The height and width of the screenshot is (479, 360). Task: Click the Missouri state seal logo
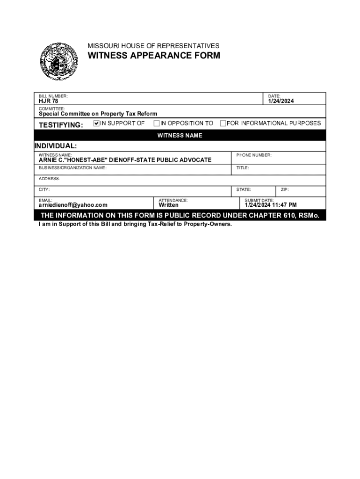pos(58,62)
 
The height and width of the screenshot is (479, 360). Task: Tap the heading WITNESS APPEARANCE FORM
pos(154,56)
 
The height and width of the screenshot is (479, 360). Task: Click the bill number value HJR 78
pos(48,102)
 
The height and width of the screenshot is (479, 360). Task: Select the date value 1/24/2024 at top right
pos(281,102)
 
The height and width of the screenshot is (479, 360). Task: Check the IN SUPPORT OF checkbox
pos(97,123)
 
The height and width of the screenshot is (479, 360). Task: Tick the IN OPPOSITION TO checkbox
pos(157,123)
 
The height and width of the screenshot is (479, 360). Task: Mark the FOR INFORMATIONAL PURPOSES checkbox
pos(223,123)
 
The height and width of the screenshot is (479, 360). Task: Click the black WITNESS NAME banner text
pos(180,136)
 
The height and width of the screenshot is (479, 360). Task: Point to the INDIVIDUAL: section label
pos(56,146)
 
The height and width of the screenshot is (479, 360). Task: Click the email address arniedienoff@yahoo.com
pos(73,205)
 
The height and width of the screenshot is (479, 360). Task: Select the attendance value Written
pos(168,205)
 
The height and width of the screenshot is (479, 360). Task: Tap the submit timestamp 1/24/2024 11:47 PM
pos(271,205)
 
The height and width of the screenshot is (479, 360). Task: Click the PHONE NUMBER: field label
pos(254,155)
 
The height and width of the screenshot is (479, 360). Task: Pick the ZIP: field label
pos(285,190)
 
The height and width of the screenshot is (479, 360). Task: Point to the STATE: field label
pos(244,190)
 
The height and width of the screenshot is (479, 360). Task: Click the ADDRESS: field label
pos(49,179)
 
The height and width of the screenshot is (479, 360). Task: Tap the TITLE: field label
pos(243,167)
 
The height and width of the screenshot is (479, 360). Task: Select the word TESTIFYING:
pos(61,125)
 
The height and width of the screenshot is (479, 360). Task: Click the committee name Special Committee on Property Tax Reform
pos(98,114)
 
